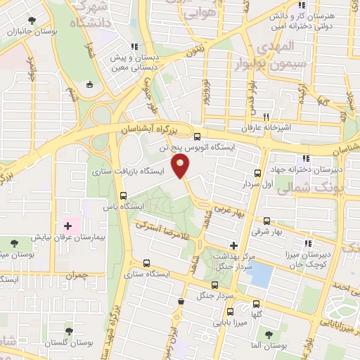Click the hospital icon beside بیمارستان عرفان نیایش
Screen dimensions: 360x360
point(68,226)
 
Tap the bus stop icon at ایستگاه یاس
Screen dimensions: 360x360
point(124,196)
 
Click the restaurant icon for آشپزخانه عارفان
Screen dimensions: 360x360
point(266,117)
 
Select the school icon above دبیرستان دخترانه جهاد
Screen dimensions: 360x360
point(304,159)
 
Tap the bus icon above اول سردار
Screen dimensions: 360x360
point(257,173)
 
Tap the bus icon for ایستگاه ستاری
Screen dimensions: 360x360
point(146,263)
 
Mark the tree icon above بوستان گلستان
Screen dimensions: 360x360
point(68,331)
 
